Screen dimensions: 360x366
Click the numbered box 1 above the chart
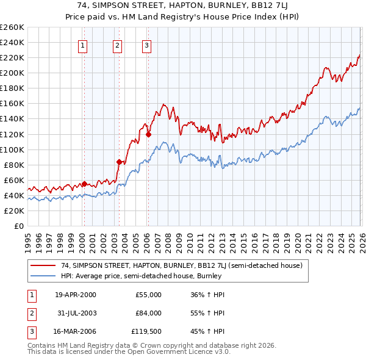click(82, 45)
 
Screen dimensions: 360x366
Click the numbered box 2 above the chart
click(117, 45)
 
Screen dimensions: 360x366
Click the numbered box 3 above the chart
click(147, 45)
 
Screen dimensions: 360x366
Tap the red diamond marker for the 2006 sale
click(148, 134)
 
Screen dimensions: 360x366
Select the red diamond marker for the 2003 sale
click(120, 162)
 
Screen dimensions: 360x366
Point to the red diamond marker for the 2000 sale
click(84, 184)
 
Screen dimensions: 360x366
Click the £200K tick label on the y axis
click(12, 73)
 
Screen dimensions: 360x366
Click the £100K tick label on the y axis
click(12, 149)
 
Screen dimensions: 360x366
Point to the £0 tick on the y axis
click(18, 226)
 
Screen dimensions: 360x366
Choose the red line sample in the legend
click(43, 265)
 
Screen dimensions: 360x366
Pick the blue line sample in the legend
click(43, 276)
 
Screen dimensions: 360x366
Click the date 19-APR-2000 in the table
click(75, 295)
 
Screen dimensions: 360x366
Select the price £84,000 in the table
click(148, 313)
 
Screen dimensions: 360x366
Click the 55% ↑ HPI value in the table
click(207, 313)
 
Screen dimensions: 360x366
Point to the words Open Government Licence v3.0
click(178, 353)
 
